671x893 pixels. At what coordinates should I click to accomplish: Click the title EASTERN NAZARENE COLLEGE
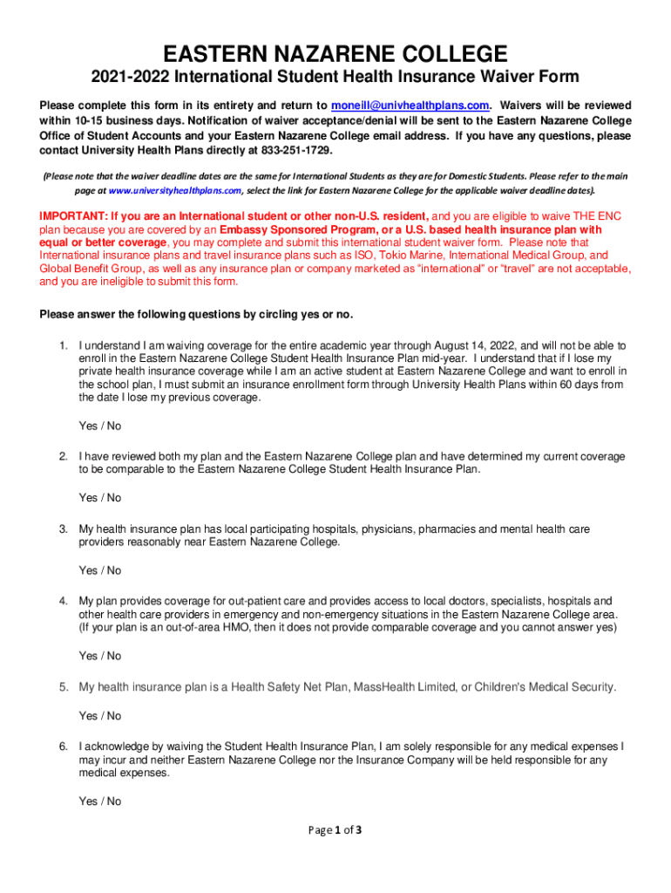click(335, 54)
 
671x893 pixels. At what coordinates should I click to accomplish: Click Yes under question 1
click(88, 426)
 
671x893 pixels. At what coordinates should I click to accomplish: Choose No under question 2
click(114, 498)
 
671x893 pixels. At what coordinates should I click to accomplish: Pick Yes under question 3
click(88, 570)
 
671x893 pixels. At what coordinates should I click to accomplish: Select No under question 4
click(114, 656)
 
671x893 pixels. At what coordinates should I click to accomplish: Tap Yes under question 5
click(88, 716)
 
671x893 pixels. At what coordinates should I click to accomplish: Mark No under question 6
click(114, 801)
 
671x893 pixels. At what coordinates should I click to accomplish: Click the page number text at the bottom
click(335, 830)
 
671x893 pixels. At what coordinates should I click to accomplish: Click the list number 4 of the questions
click(64, 601)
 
